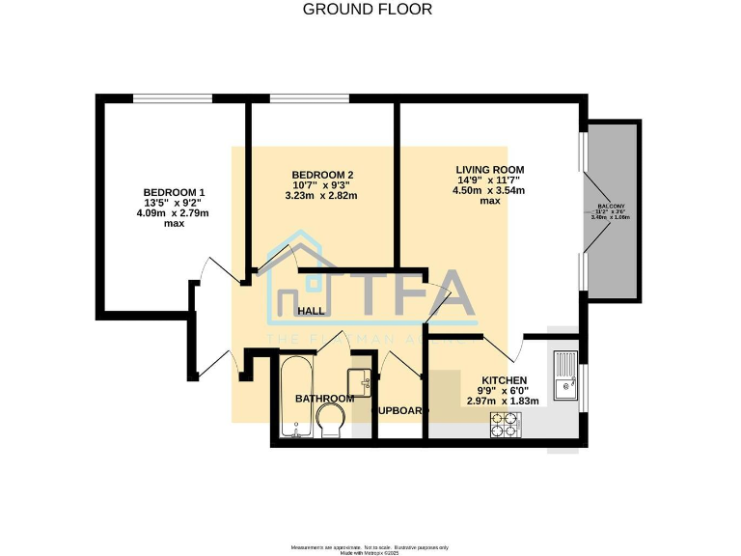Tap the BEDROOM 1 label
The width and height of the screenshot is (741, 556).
[174, 191]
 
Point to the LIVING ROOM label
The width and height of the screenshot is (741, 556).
[489, 169]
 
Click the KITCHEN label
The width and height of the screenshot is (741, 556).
[504, 379]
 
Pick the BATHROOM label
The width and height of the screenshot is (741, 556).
[324, 398]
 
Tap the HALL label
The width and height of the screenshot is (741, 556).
[311, 311]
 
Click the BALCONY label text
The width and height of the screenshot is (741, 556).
[610, 207]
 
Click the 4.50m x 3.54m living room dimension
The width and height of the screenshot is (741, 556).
[489, 190]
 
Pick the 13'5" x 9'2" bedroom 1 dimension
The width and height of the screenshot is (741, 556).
[174, 203]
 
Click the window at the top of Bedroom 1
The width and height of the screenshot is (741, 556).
[173, 97]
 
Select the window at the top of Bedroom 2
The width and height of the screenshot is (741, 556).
[310, 97]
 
